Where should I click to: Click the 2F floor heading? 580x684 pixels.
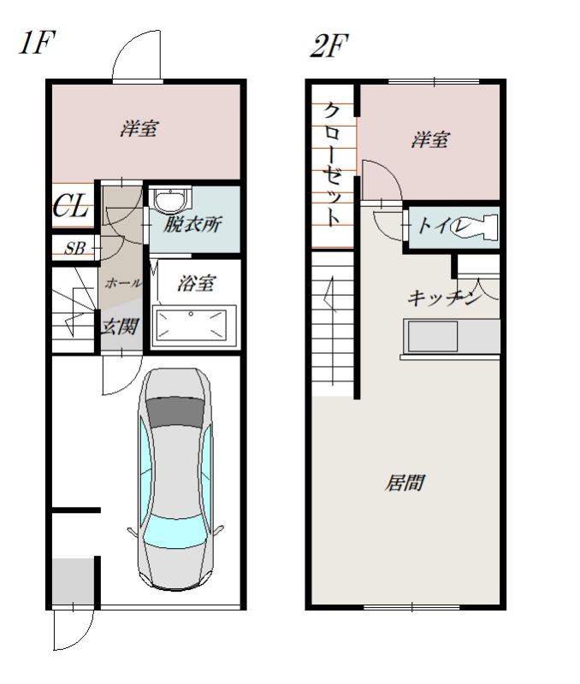tap(329, 45)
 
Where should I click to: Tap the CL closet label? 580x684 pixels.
tap(70, 206)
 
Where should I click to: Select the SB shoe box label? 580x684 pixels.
tap(74, 249)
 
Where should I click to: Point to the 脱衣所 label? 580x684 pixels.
tap(192, 224)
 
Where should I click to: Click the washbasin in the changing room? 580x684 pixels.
tap(173, 201)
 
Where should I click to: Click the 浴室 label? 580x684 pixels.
tap(196, 284)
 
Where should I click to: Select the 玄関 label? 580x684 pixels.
tap(120, 327)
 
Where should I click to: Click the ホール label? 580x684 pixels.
tap(123, 283)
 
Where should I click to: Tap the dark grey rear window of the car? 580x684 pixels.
tap(175, 412)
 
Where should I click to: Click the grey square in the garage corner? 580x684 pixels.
tap(73, 581)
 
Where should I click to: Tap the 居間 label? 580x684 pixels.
tap(404, 483)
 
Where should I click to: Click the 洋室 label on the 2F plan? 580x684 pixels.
tap(430, 140)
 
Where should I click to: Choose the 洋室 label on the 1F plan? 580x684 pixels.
tap(139, 128)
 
